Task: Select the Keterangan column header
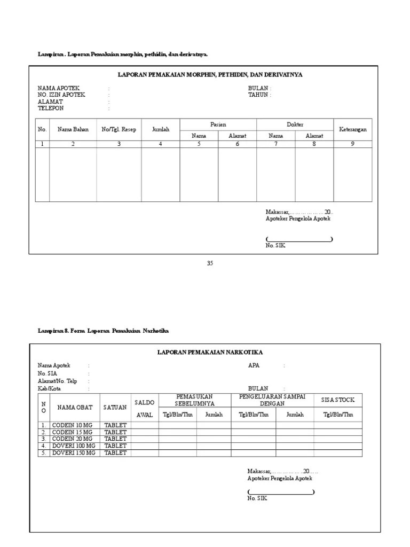[353, 129]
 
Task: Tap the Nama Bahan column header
[73, 129]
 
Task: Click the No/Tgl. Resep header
[119, 129]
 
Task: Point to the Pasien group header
[218, 124]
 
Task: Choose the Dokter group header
[295, 124]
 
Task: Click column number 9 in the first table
[353, 144]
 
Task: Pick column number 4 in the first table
[161, 144]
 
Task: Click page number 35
[210, 263]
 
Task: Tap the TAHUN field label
[259, 95]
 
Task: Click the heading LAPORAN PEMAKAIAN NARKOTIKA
[210, 352]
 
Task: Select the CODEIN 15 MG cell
[72, 432]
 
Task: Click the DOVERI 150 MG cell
[74, 452]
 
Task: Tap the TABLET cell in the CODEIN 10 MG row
[115, 425]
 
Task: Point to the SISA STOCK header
[338, 400]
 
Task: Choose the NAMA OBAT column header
[75, 407]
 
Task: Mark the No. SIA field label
[48, 373]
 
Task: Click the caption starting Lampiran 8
[103, 331]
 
